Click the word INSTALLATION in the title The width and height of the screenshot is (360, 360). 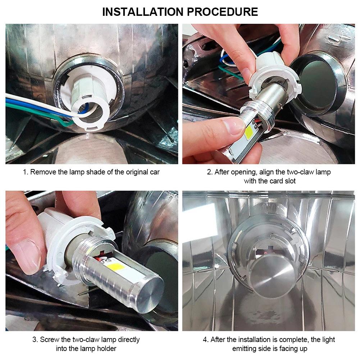click(x=142, y=12)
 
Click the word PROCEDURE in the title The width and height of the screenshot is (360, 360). click(x=222, y=12)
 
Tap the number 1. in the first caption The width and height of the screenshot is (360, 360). click(x=26, y=172)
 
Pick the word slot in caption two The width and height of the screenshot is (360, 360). click(x=290, y=181)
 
